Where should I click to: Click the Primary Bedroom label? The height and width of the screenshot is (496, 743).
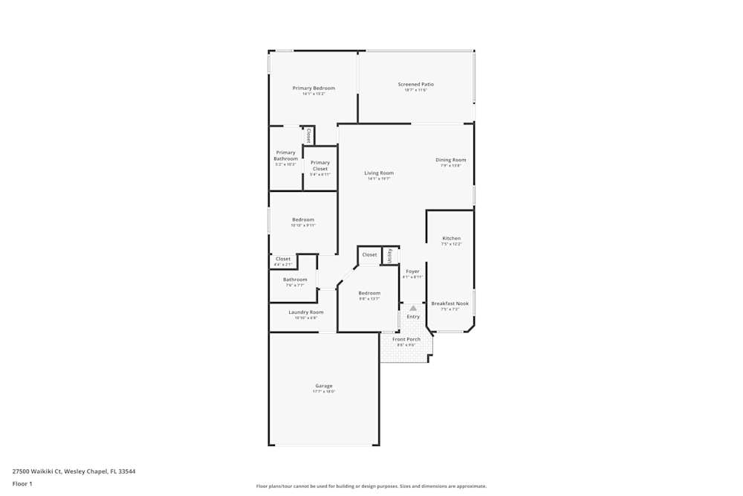pyautogui.click(x=314, y=88)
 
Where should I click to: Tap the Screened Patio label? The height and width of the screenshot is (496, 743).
pyautogui.click(x=416, y=84)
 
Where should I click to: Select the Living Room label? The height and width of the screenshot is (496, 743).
pyautogui.click(x=379, y=173)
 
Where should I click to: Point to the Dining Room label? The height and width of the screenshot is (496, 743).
pyautogui.click(x=451, y=160)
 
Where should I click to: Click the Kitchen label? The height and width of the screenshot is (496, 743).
pyautogui.click(x=451, y=239)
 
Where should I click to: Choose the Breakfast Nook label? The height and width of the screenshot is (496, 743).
pyautogui.click(x=450, y=303)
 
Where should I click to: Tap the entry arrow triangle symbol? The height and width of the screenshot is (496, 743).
pyautogui.click(x=413, y=308)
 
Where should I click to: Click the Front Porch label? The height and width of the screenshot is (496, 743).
pyautogui.click(x=406, y=339)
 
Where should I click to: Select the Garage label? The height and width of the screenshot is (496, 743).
pyautogui.click(x=324, y=386)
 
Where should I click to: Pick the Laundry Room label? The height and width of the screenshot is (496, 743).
pyautogui.click(x=306, y=312)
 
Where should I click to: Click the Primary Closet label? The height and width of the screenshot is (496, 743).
pyautogui.click(x=320, y=165)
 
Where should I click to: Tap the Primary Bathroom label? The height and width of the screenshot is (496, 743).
pyautogui.click(x=285, y=155)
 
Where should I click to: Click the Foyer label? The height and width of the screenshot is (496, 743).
pyautogui.click(x=412, y=271)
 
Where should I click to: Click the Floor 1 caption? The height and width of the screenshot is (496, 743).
pyautogui.click(x=22, y=483)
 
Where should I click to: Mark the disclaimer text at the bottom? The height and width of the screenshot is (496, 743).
pyautogui.click(x=371, y=486)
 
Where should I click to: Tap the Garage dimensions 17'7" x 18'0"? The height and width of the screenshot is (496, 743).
pyautogui.click(x=324, y=392)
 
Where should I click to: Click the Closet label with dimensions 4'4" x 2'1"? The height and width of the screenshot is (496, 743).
pyautogui.click(x=283, y=259)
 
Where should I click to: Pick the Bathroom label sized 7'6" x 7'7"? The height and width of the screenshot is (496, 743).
pyautogui.click(x=295, y=280)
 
